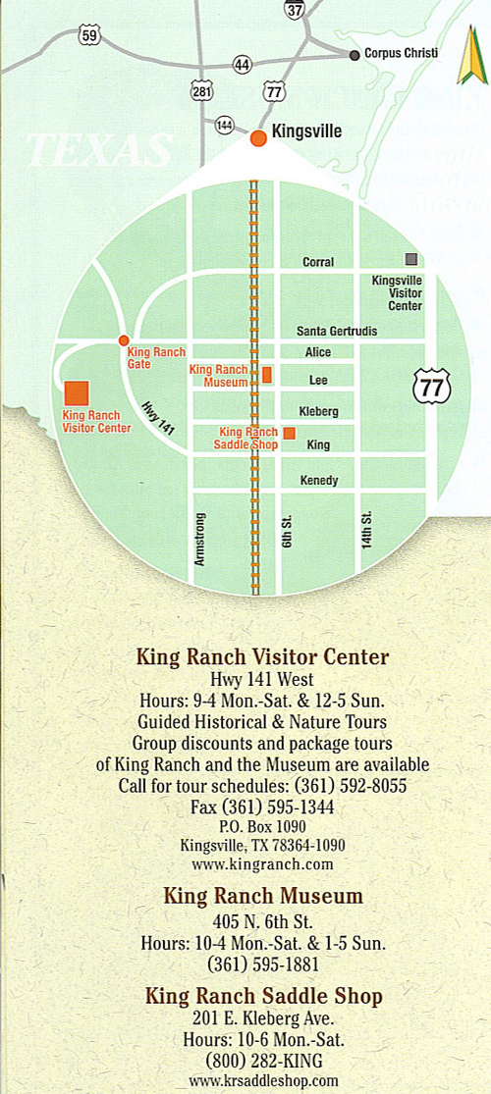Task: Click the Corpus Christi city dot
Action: tap(355, 55)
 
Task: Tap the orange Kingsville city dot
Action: tap(258, 138)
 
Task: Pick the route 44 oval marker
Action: tap(242, 64)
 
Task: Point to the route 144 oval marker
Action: tap(225, 125)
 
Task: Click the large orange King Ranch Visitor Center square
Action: tap(76, 392)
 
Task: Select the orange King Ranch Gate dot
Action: tap(124, 340)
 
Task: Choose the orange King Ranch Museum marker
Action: tap(267, 375)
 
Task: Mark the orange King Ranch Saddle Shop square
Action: tap(289, 432)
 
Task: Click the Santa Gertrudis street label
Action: tap(337, 332)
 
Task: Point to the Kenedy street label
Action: tap(318, 481)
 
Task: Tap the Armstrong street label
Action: tap(200, 539)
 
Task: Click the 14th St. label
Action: tap(365, 530)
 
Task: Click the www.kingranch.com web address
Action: tap(262, 864)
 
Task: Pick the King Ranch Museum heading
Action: tap(262, 896)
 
